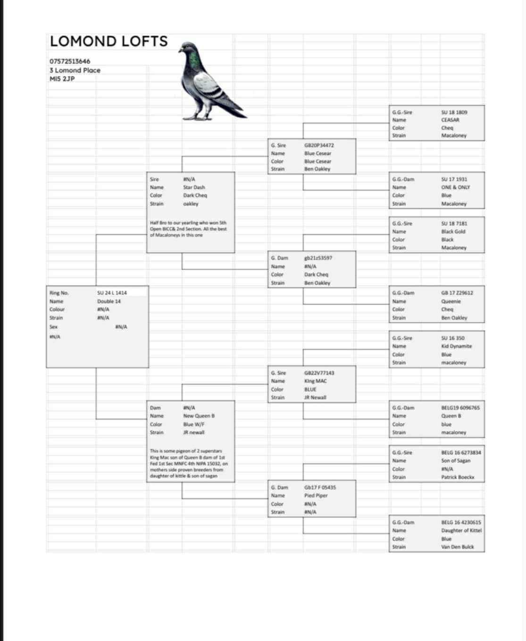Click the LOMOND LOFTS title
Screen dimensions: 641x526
pyautogui.click(x=109, y=41)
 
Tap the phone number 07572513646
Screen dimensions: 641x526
pyautogui.click(x=70, y=61)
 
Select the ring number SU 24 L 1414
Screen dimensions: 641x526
pyautogui.click(x=112, y=293)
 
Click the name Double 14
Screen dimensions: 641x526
pyautogui.click(x=109, y=301)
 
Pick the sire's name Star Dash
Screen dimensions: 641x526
pyautogui.click(x=194, y=187)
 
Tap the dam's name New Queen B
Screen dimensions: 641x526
pyautogui.click(x=199, y=416)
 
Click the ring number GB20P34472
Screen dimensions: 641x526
pyautogui.click(x=319, y=145)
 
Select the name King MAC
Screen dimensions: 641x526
pyautogui.click(x=316, y=381)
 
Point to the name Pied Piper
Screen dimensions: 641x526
pyautogui.click(x=316, y=495)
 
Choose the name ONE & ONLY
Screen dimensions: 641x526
pyautogui.click(x=455, y=187)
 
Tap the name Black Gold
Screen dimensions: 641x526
pyautogui.click(x=453, y=231)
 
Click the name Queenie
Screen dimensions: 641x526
pyautogui.click(x=451, y=301)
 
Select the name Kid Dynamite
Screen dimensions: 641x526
pyautogui.click(x=456, y=346)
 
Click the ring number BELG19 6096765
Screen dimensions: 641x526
pyautogui.click(x=460, y=408)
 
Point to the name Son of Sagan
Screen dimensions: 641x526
pyautogui.click(x=456, y=460)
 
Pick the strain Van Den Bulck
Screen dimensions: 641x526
pyautogui.click(x=457, y=547)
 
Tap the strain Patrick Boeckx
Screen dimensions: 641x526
pyautogui.click(x=458, y=477)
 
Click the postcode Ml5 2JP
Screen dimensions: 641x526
pyautogui.click(x=62, y=79)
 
